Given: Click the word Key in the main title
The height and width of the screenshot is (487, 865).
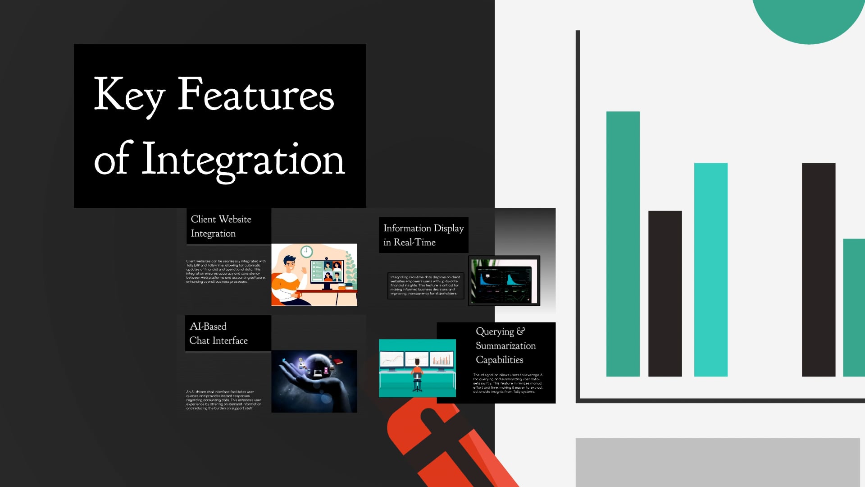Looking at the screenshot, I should click(x=129, y=96).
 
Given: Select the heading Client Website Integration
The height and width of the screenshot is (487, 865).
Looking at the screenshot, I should click(x=221, y=226).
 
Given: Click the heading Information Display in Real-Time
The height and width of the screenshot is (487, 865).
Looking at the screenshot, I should click(x=423, y=235).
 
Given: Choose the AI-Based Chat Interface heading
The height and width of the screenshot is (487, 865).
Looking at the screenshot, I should click(x=219, y=333).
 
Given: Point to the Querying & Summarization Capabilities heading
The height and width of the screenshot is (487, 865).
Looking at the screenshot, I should click(x=505, y=345).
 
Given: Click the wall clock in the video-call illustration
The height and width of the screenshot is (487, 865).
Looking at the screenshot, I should click(x=306, y=252).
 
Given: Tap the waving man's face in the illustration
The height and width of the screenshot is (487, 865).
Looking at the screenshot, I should click(x=289, y=265).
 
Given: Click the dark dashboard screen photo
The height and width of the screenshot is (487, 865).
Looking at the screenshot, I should click(x=504, y=281).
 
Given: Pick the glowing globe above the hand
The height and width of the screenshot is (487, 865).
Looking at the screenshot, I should click(x=318, y=367).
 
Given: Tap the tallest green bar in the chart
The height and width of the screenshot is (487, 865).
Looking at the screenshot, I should click(x=623, y=243).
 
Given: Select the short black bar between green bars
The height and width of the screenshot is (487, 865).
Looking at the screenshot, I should click(x=665, y=293).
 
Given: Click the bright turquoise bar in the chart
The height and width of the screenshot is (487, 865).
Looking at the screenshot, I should click(x=710, y=269).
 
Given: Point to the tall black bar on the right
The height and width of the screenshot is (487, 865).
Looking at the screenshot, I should click(x=818, y=269).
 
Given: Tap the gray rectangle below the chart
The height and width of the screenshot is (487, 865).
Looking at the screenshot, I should click(x=717, y=462).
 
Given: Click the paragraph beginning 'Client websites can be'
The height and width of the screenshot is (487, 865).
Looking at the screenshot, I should click(x=226, y=271).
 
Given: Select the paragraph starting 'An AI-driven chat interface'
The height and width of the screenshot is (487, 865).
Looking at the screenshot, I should click(x=224, y=400).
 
